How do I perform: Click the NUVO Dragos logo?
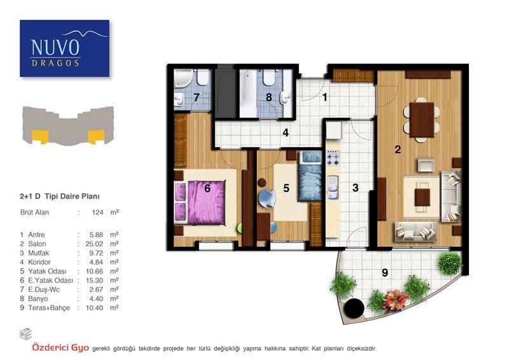tap(65, 48)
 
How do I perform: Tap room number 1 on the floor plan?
tap(324, 97)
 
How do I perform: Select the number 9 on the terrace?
tap(385, 273)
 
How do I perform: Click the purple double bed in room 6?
tap(200, 203)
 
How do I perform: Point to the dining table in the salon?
tap(422, 120)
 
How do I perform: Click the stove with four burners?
tap(333, 158)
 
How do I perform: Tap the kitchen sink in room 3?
tap(333, 187)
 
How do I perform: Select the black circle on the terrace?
tap(354, 308)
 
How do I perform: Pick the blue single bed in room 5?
tap(310, 176)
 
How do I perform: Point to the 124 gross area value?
tap(97, 212)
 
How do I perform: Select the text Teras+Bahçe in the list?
tap(49, 308)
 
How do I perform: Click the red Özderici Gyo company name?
tap(60, 348)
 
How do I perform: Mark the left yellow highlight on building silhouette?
tap(40, 136)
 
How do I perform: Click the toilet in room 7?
tap(203, 78)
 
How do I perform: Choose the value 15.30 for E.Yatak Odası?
tap(94, 280)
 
